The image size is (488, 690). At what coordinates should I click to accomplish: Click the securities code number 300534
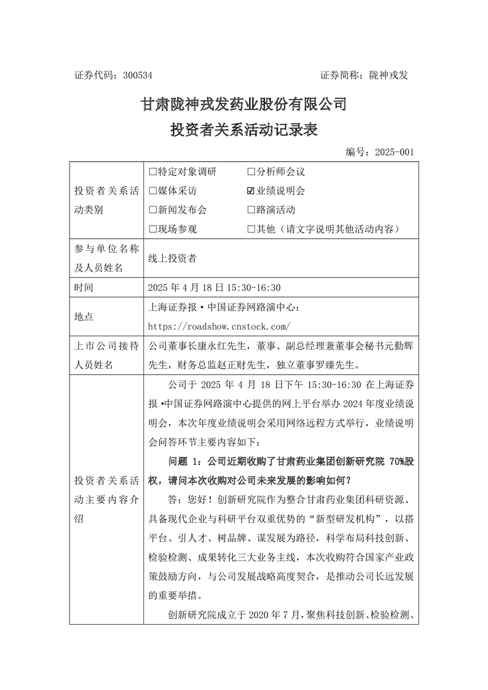(137, 75)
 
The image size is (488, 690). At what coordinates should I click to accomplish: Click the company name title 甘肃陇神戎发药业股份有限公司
(244, 105)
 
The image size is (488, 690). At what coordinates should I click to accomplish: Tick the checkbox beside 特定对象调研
(153, 172)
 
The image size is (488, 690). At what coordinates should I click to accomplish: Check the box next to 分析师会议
(251, 172)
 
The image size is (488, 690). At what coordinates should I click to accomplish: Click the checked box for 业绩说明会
(251, 191)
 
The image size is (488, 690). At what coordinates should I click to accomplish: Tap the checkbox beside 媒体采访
(153, 191)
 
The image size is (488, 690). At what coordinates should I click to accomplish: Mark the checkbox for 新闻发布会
(153, 210)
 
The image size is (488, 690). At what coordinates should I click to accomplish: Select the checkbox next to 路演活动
(251, 210)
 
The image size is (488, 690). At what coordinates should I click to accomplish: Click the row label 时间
(83, 287)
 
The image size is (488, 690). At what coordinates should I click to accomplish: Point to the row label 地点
(83, 316)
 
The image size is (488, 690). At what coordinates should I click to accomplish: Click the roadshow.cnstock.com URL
(219, 326)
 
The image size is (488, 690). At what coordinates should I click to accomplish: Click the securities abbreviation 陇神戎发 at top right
(388, 75)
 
